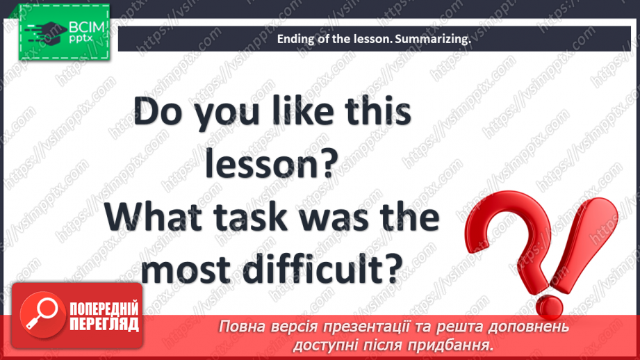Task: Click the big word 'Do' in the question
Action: pos(158,111)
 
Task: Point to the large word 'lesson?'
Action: pos(272,163)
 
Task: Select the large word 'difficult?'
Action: pos(322,268)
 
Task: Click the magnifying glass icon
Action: pos(42,315)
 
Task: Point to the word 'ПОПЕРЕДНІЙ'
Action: pos(104,309)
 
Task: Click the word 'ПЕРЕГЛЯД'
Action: pos(104,325)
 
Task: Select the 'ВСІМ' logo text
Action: pos(87,27)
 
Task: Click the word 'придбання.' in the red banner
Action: pos(450,345)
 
